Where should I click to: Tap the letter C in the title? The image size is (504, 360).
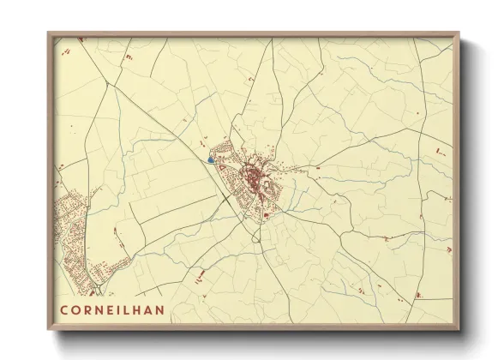[x=65, y=306]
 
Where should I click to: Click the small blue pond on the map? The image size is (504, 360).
[x=210, y=159]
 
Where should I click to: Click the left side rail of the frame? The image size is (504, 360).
[x=51, y=180]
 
